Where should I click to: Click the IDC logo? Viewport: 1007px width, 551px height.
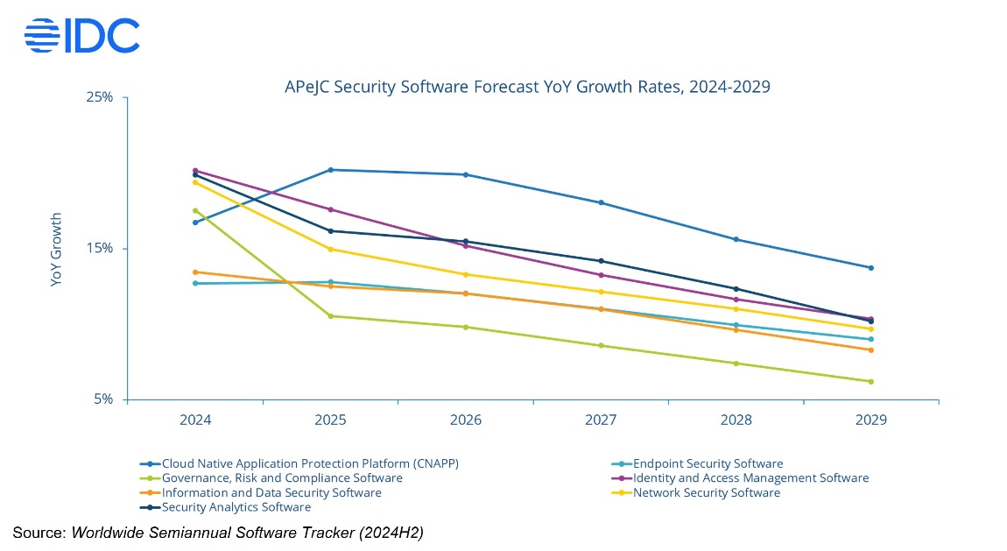pos(81,36)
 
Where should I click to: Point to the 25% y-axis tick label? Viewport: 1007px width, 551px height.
pos(100,97)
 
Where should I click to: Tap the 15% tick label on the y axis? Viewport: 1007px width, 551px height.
pos(100,248)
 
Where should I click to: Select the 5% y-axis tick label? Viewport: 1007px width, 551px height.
pos(103,399)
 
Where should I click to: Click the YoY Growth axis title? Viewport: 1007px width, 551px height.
pos(56,250)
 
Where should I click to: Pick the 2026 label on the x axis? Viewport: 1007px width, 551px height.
pos(466,420)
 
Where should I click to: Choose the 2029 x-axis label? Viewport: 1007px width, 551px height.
pos(870,420)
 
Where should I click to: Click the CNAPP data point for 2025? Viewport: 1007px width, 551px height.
pos(331,170)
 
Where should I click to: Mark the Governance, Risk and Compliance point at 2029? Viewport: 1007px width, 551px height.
pos(870,381)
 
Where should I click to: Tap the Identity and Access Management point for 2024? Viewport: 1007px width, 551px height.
pos(195,171)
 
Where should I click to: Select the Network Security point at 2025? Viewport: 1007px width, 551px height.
pos(331,250)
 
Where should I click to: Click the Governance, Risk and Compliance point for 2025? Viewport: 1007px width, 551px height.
pos(331,316)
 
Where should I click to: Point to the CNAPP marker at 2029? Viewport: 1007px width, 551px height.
pos(870,268)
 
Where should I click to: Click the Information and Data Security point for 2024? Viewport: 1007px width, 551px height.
pos(195,272)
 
